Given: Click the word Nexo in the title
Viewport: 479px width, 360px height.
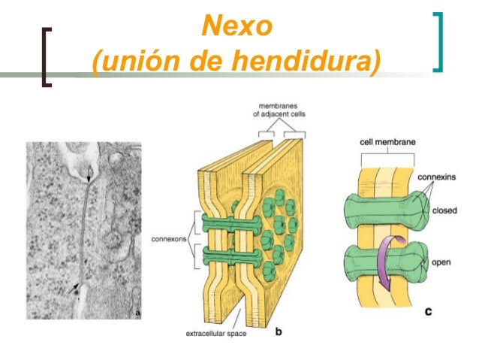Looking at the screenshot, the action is pyautogui.click(x=237, y=26).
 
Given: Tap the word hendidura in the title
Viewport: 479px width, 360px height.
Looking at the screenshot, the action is pyautogui.click(x=302, y=60).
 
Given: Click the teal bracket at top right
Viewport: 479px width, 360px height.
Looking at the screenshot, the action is pyautogui.click(x=438, y=42).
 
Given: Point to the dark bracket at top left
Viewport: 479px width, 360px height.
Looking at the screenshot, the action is pyautogui.click(x=47, y=57).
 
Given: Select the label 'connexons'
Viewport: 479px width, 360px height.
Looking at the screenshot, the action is pyautogui.click(x=169, y=239).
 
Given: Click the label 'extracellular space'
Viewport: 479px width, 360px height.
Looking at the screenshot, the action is pyautogui.click(x=216, y=334).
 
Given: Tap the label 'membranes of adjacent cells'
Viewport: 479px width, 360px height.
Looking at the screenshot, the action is pyautogui.click(x=279, y=110).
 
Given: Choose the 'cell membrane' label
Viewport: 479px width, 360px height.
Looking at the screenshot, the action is pyautogui.click(x=387, y=142).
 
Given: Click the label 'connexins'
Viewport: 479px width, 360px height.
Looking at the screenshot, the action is pyautogui.click(x=436, y=177).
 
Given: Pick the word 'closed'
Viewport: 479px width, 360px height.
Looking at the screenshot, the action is pyautogui.click(x=444, y=210).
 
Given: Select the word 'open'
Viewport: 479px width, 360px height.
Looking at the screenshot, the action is pyautogui.click(x=441, y=262).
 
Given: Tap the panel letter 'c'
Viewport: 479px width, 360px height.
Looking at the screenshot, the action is pyautogui.click(x=428, y=312).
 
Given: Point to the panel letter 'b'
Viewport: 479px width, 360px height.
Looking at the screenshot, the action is pyautogui.click(x=279, y=331).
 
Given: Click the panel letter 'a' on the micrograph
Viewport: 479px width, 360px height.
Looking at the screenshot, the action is pyautogui.click(x=137, y=313).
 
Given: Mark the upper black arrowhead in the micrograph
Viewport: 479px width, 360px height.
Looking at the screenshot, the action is pyautogui.click(x=89, y=179).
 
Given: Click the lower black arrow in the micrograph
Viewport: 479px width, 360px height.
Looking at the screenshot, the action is pyautogui.click(x=74, y=289).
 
